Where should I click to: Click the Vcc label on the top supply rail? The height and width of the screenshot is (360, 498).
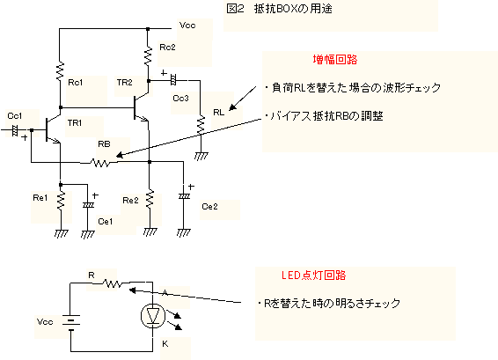point(187,26)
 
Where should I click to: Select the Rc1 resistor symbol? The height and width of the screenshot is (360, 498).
point(60,71)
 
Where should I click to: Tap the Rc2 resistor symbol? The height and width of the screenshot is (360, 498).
point(148,56)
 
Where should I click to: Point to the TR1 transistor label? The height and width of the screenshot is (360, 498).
point(75,122)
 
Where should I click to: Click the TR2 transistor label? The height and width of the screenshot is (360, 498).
point(125,83)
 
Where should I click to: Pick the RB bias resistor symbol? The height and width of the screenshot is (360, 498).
point(100,163)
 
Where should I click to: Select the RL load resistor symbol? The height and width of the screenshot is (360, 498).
point(201,125)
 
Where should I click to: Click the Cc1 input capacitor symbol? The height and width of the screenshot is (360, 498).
point(14,130)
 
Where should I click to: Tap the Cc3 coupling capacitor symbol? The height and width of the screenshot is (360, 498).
point(173,79)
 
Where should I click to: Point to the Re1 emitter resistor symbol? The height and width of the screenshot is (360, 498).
point(61,200)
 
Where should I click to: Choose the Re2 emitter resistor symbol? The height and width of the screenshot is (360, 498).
point(150,199)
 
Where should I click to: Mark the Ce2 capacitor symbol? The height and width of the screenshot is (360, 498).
point(184,196)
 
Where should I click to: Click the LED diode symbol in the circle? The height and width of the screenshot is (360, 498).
point(153,316)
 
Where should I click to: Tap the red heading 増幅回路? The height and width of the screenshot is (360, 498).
point(335,60)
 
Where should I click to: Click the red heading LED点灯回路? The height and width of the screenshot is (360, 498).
point(313,276)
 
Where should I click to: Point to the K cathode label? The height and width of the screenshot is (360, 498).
point(165,344)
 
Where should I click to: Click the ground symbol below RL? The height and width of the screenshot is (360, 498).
point(201,157)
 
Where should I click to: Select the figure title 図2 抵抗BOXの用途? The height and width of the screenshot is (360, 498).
point(280,9)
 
